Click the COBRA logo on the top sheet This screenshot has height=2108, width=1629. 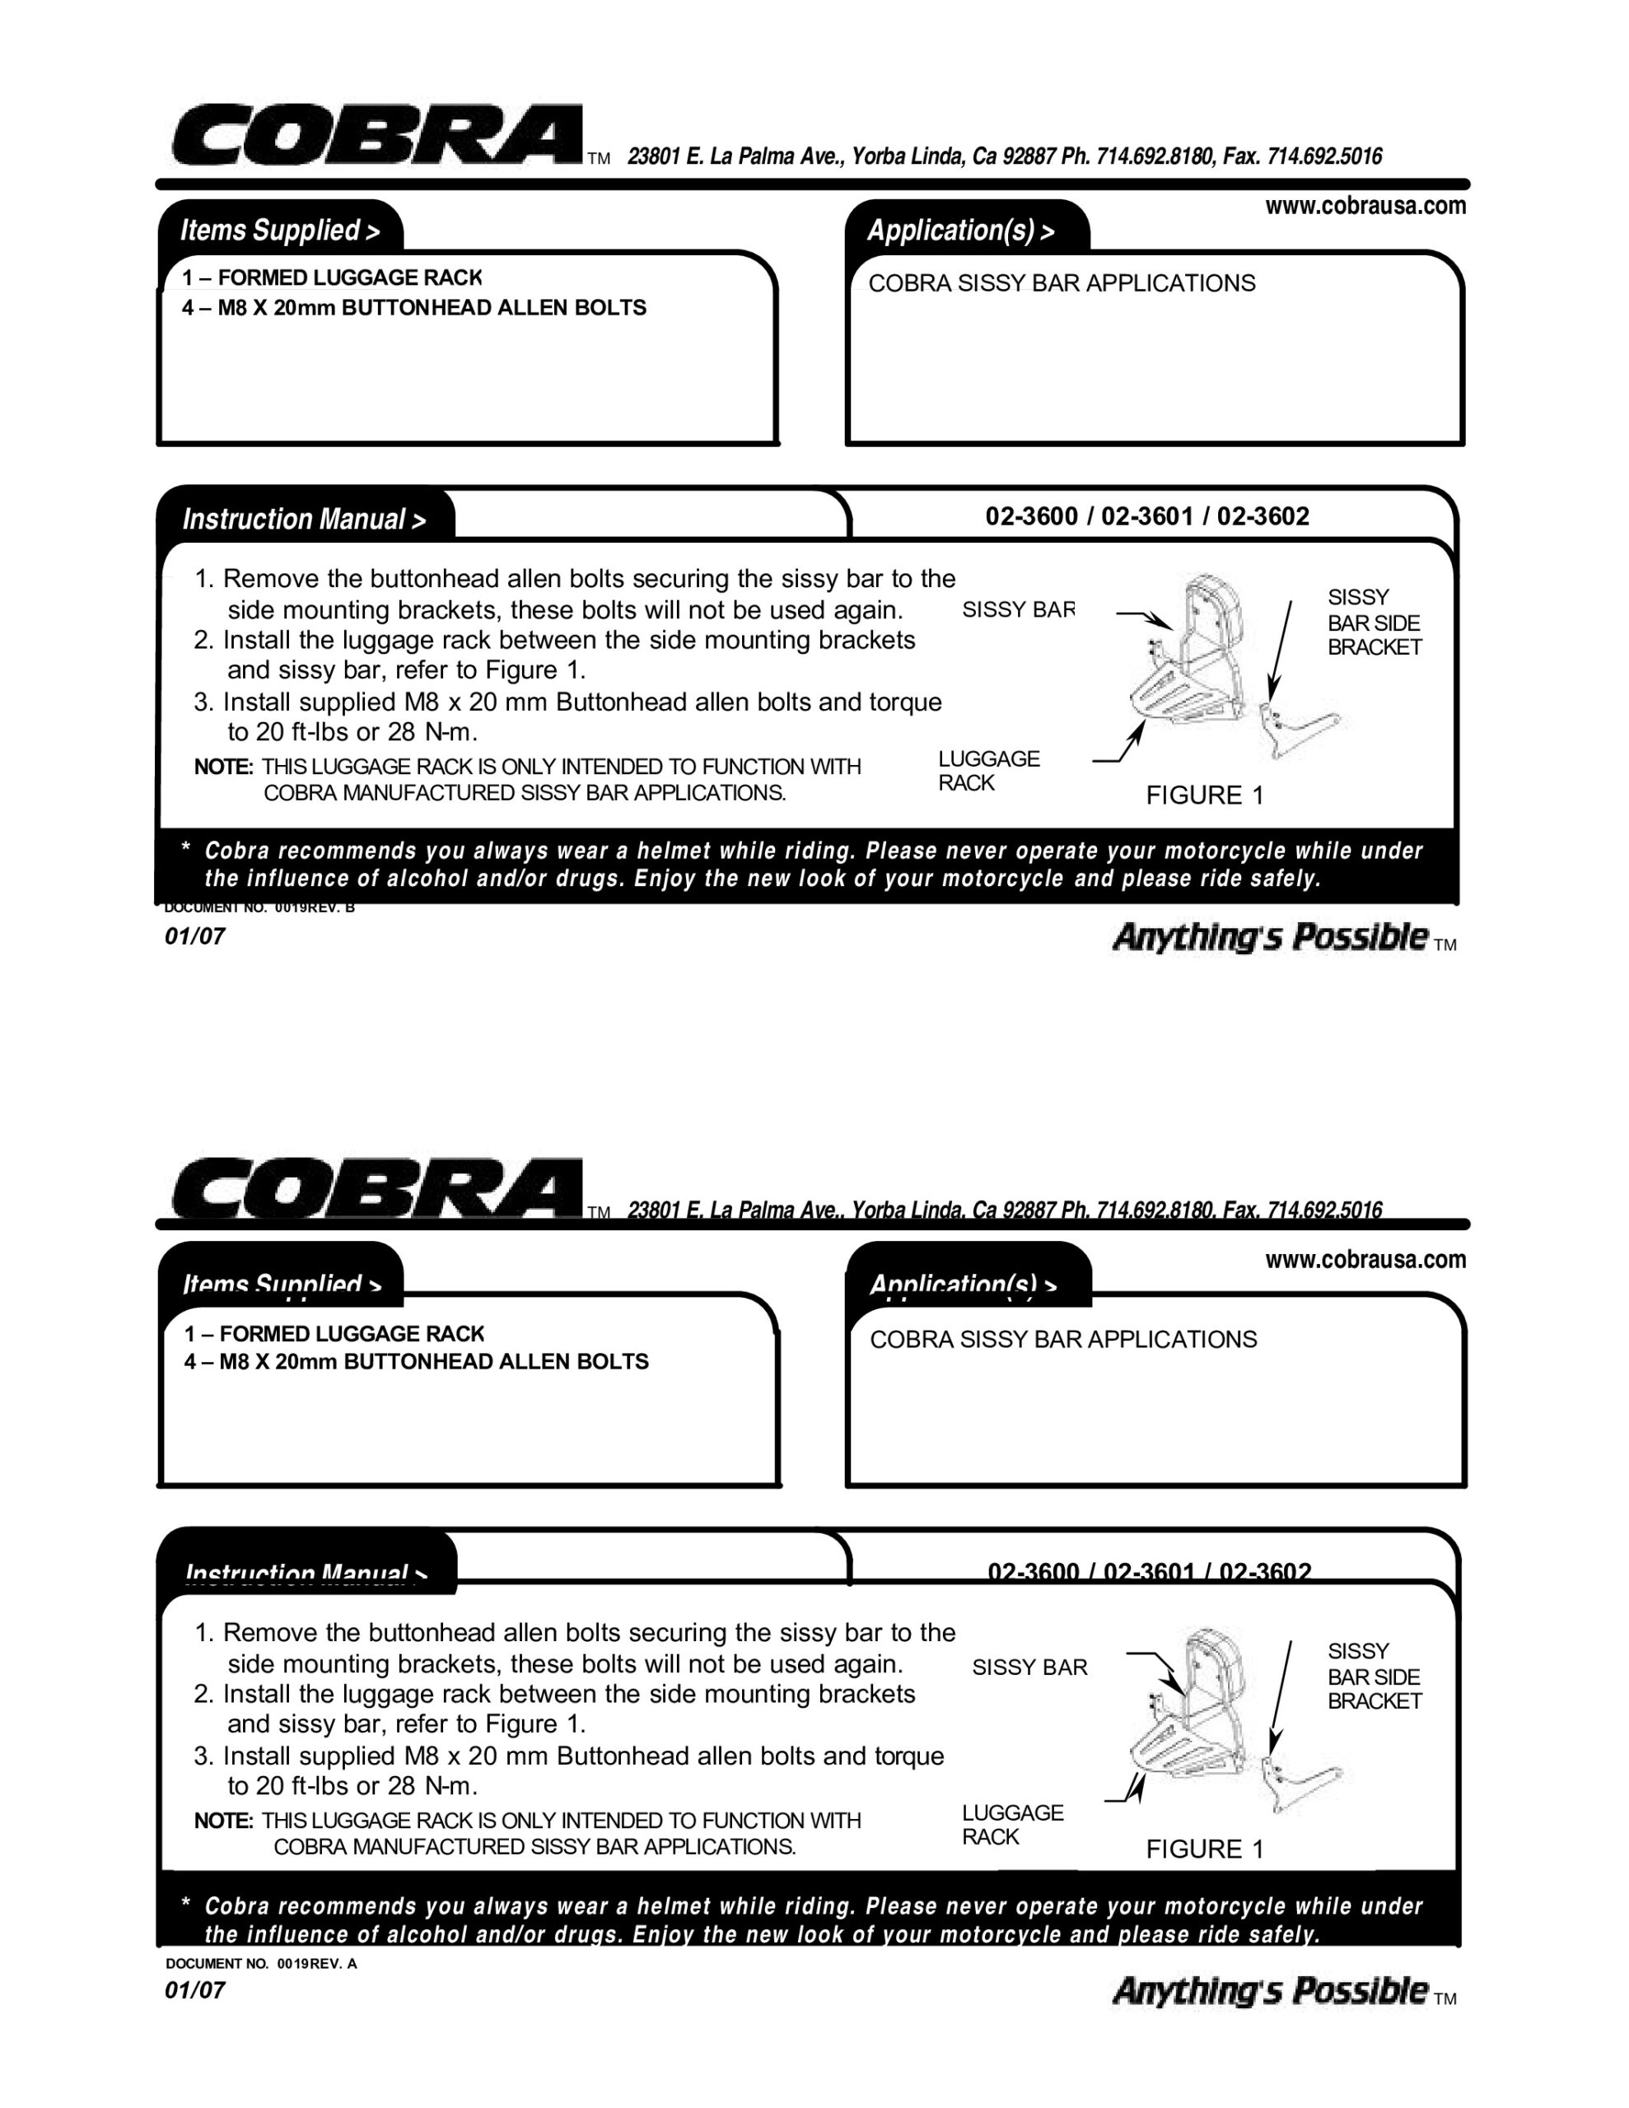[376, 135]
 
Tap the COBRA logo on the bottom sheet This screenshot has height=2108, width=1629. [376, 1188]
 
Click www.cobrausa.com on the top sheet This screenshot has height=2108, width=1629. [1365, 207]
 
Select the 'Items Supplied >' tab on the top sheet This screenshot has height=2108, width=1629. [280, 231]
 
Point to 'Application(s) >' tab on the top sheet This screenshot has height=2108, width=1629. [961, 231]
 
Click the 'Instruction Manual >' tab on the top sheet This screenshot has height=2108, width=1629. [304, 520]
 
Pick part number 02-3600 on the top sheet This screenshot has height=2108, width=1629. [1031, 516]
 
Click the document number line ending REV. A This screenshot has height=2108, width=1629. [261, 1963]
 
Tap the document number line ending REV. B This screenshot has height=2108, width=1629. [259, 908]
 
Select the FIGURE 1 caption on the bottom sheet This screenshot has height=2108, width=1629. [1204, 1849]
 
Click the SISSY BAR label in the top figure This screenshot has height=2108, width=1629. [1018, 610]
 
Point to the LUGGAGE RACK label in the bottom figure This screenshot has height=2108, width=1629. [1011, 1824]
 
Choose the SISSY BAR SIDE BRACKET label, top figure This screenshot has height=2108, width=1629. [1373, 623]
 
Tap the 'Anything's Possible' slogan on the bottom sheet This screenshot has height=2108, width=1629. [1270, 1990]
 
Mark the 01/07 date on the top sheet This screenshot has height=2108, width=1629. [195, 936]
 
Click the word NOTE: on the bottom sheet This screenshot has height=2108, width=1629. [223, 1821]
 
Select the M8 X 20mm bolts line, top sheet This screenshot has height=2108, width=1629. [414, 308]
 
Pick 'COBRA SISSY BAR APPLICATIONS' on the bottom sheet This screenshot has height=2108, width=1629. [1063, 1340]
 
